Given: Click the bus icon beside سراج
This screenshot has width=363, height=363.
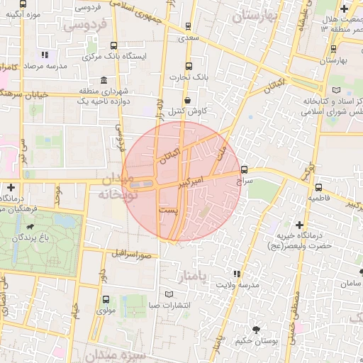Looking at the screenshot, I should [245, 170].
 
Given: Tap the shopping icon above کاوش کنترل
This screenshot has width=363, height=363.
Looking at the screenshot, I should [187, 101].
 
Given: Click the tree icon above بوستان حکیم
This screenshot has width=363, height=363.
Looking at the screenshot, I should [256, 329].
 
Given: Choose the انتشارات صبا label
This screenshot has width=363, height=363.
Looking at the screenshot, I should [168, 305].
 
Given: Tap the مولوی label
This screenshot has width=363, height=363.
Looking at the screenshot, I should [106, 309].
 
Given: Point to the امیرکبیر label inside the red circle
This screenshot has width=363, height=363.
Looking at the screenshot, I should [196, 183].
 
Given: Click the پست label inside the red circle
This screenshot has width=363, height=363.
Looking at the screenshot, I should [169, 212].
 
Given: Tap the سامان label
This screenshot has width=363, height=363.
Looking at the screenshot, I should [350, 283].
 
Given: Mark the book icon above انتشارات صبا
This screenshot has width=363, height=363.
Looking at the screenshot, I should [168, 294].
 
